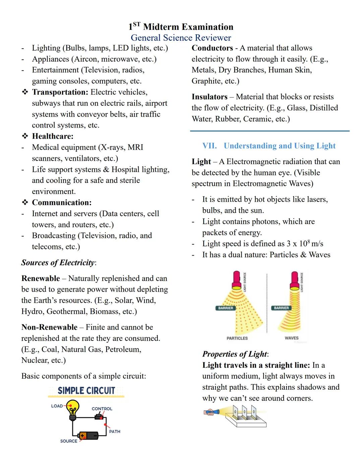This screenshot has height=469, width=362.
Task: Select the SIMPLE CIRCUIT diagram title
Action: [x=86, y=391]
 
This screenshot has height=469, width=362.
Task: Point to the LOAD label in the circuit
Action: [x=57, y=406]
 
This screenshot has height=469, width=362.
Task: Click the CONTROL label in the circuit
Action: [x=102, y=409]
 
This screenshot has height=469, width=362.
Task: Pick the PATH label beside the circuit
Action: [x=115, y=431]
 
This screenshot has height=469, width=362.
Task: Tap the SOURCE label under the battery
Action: [x=69, y=441]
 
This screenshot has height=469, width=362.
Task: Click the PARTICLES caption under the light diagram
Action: [x=237, y=338]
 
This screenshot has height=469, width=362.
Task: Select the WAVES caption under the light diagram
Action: [x=291, y=338]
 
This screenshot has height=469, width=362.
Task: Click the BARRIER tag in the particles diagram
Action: [x=226, y=308]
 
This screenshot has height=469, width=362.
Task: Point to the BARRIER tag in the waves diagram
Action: [x=281, y=308]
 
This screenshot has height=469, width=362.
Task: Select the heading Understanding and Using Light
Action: [x=280, y=146]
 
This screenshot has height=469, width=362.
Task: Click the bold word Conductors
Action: [x=212, y=48]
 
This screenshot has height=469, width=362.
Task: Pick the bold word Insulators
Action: [x=209, y=97]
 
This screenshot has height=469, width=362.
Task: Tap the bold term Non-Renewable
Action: [x=49, y=327]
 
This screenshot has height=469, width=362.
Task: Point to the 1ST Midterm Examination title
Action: [x=181, y=27]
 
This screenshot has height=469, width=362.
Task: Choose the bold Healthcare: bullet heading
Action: [x=53, y=136]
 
